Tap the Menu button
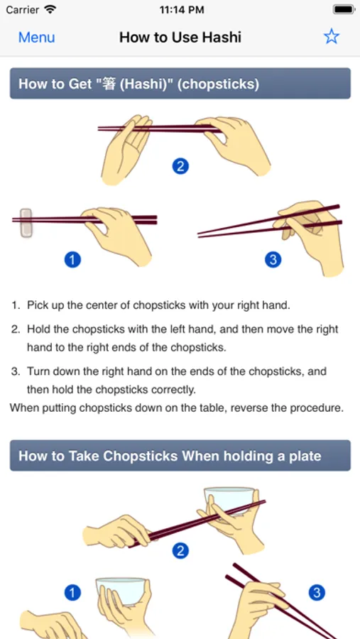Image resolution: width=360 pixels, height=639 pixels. point(36,37)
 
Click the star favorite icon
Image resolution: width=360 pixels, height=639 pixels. point(332,37)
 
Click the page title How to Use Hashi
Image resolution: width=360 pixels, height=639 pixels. point(180,37)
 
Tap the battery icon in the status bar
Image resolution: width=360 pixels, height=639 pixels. point(344,9)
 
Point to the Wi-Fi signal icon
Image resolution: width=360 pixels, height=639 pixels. point(50,9)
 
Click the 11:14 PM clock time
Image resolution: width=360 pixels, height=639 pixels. point(182,10)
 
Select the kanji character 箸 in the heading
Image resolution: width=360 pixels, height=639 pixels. point(109,84)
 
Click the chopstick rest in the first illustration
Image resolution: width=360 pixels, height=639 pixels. point(26,223)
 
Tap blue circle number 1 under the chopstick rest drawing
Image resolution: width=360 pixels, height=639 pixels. point(72,260)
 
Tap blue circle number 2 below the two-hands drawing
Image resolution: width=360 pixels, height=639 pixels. point(180,166)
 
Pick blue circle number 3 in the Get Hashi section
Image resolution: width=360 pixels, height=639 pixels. point(273,260)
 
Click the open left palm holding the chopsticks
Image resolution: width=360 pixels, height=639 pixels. point(126,150)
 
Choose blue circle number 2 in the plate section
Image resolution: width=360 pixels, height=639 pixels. point(180,552)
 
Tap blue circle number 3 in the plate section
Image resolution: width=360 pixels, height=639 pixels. point(317,593)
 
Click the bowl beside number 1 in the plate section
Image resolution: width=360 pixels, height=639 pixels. point(121,591)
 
